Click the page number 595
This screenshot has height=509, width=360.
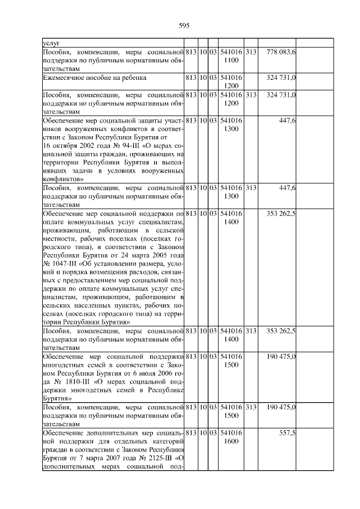[x=183, y=25]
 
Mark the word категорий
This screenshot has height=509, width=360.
[x=168, y=442]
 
